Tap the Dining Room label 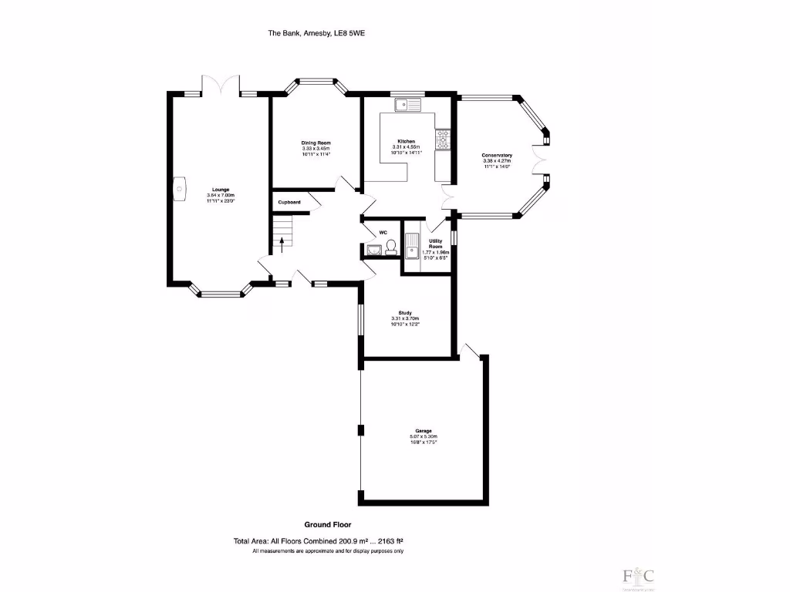pyautogui.click(x=316, y=143)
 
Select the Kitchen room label pyautogui.click(x=407, y=142)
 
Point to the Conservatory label pyautogui.click(x=498, y=156)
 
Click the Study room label pyautogui.click(x=405, y=313)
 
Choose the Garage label pyautogui.click(x=424, y=431)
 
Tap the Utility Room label pyautogui.click(x=436, y=244)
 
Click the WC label pyautogui.click(x=383, y=231)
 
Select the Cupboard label pyautogui.click(x=289, y=203)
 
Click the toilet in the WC pyautogui.click(x=391, y=247)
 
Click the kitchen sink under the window pyautogui.click(x=406, y=106)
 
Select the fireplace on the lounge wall pyautogui.click(x=178, y=188)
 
